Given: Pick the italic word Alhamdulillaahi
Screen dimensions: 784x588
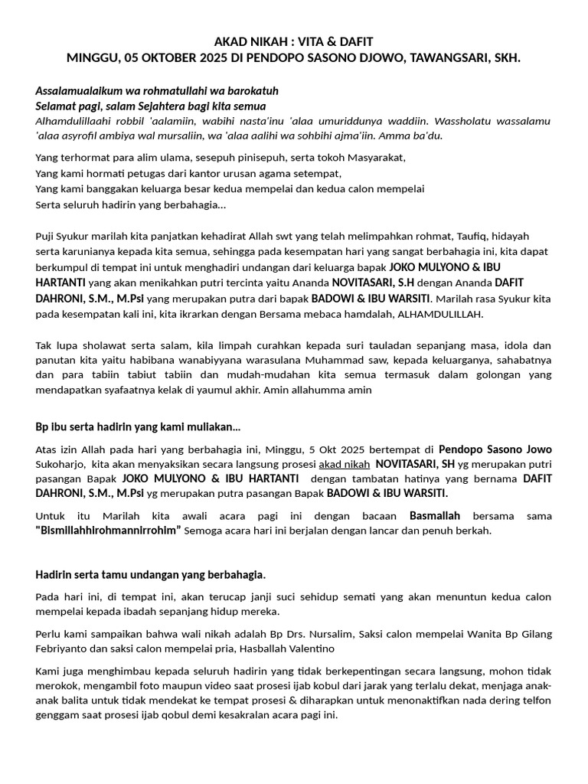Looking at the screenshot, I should (x=72, y=121).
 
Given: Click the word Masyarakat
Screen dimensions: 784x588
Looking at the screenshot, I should (x=370, y=157).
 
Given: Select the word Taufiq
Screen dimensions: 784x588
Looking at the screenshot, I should (x=480, y=236).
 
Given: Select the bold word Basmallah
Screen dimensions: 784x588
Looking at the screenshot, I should (x=434, y=515).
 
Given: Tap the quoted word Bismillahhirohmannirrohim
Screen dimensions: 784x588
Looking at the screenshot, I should (x=108, y=531).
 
